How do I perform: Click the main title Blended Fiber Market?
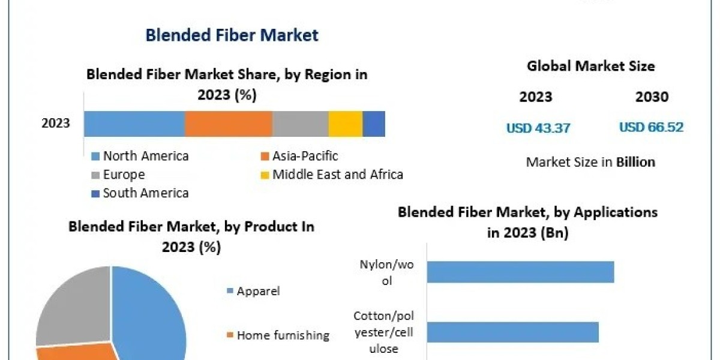tap(232, 35)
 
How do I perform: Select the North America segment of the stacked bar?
tap(134, 124)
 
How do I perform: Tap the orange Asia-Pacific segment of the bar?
tap(228, 124)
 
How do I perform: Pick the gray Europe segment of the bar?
tap(300, 124)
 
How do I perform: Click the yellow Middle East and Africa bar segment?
tap(345, 124)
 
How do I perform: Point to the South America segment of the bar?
tap(374, 124)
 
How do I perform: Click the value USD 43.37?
tap(538, 127)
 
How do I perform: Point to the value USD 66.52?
tap(651, 127)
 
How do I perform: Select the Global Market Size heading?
tap(590, 66)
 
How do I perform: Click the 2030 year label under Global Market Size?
tap(651, 97)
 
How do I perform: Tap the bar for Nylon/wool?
tap(520, 271)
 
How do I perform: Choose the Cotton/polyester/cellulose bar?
tap(512, 332)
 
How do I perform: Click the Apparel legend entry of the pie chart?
tap(258, 292)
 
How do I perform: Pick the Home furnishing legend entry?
tap(283, 335)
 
